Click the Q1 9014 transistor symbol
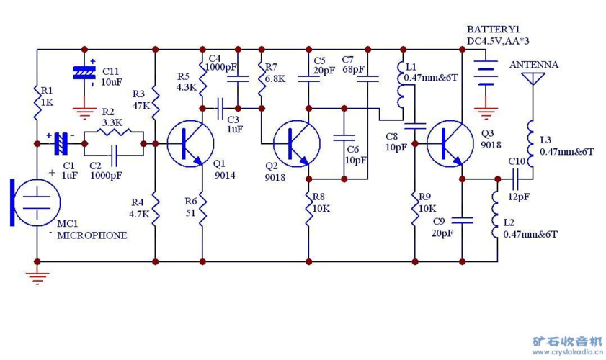click(x=190, y=144)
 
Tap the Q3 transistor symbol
click(x=450, y=144)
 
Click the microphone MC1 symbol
click(x=35, y=202)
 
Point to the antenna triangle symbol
click(x=533, y=78)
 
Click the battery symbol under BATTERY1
click(x=486, y=72)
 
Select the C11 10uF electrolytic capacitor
click(x=84, y=73)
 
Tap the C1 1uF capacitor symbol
click(x=61, y=144)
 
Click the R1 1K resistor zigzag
click(x=37, y=102)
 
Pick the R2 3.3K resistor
click(x=114, y=132)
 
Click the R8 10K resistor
click(x=309, y=209)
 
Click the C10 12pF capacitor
click(x=515, y=179)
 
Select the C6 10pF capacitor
click(x=344, y=138)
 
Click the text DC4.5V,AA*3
click(x=498, y=41)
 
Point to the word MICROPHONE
click(x=92, y=235)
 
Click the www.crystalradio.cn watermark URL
click(x=567, y=352)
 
